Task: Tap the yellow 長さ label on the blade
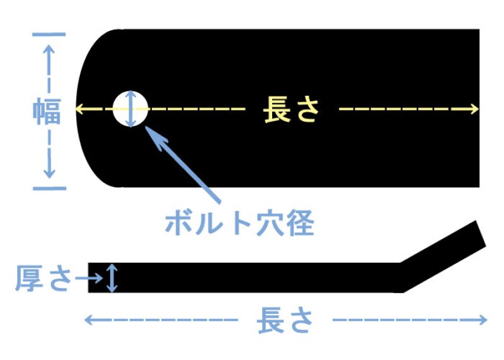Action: (x=291, y=109)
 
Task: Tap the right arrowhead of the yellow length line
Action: (x=474, y=109)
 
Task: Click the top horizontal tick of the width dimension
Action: (x=49, y=33)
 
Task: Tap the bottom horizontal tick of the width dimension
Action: (x=49, y=188)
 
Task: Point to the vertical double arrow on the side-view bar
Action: (x=112, y=278)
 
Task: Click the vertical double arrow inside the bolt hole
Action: (x=130, y=108)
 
